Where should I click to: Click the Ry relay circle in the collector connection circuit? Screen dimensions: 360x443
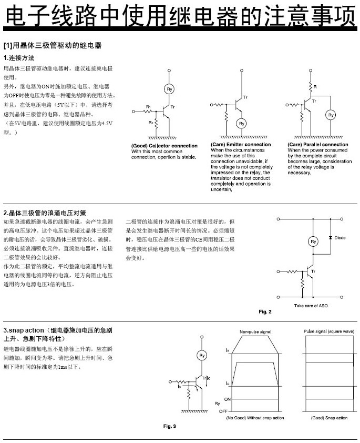pyautogui.click(x=169, y=89)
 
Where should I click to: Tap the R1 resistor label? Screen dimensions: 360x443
pyautogui.click(x=148, y=107)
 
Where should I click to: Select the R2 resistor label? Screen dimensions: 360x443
pyautogui.click(x=151, y=123)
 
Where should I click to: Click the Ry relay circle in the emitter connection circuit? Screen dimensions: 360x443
pyautogui.click(x=242, y=124)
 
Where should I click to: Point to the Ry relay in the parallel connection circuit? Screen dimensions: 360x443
pyautogui.click(x=331, y=115)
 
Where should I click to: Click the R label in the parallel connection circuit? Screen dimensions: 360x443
pyautogui.click(x=315, y=87)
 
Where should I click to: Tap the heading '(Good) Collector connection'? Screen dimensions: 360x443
pyautogui.click(x=164, y=146)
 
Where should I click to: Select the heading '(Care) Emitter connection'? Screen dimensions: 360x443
pyautogui.click(x=241, y=144)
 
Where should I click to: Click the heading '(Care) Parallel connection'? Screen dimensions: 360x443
pyautogui.click(x=317, y=144)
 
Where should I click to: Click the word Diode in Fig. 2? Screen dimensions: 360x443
pyautogui.click(x=340, y=238)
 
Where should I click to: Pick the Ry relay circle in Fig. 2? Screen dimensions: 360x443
pyautogui.click(x=313, y=241)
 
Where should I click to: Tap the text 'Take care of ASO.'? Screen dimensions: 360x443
pyautogui.click(x=311, y=306)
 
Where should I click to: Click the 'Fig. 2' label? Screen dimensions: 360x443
pyautogui.click(x=265, y=311)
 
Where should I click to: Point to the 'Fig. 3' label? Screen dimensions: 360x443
pyautogui.click(x=170, y=426)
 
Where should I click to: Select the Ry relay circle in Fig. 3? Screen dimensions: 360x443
pyautogui.click(x=202, y=356)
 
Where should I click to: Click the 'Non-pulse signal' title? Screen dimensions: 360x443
pyautogui.click(x=255, y=331)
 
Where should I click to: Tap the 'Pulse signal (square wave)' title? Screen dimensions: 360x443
pyautogui.click(x=329, y=331)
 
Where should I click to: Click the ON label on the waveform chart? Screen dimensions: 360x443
pyautogui.click(x=228, y=399)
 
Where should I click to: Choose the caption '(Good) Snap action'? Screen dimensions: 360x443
pyautogui.click(x=329, y=418)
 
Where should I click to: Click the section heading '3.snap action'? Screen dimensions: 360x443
pyautogui.click(x=24, y=330)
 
